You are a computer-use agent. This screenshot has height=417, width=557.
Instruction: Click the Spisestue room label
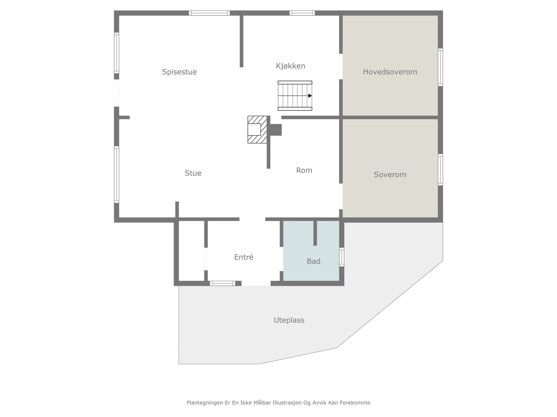coord(179,72)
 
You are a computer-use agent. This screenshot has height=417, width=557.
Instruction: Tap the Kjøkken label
coord(290,66)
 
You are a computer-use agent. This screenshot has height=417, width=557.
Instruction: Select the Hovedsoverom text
coord(390,72)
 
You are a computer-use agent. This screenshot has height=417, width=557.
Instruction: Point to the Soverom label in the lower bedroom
coord(390,174)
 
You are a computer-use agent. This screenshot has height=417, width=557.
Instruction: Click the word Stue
coord(193,173)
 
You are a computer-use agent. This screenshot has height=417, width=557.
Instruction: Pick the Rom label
coord(304,170)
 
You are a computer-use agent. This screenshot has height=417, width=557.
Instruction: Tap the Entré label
coord(244,257)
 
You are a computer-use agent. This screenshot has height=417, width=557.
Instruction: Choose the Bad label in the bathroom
coord(313,261)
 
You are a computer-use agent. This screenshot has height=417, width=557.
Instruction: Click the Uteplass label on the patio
coord(289,320)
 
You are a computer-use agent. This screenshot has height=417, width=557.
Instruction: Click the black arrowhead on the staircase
coord(310,96)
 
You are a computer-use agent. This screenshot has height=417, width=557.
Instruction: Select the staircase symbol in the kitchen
coord(295,96)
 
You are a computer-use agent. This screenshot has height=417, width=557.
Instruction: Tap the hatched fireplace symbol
coord(257,130)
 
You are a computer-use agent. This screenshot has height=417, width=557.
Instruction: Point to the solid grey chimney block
coord(275,130)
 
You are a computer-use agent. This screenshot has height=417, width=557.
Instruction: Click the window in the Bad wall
coord(342,257)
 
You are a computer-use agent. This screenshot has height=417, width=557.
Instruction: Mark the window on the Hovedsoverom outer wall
coord(440,67)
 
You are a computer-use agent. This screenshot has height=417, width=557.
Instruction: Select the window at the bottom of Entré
coord(222,283)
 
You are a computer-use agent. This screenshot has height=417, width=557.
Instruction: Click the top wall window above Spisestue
coord(209,13)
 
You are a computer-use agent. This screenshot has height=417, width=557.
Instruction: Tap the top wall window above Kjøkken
coord(302,13)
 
